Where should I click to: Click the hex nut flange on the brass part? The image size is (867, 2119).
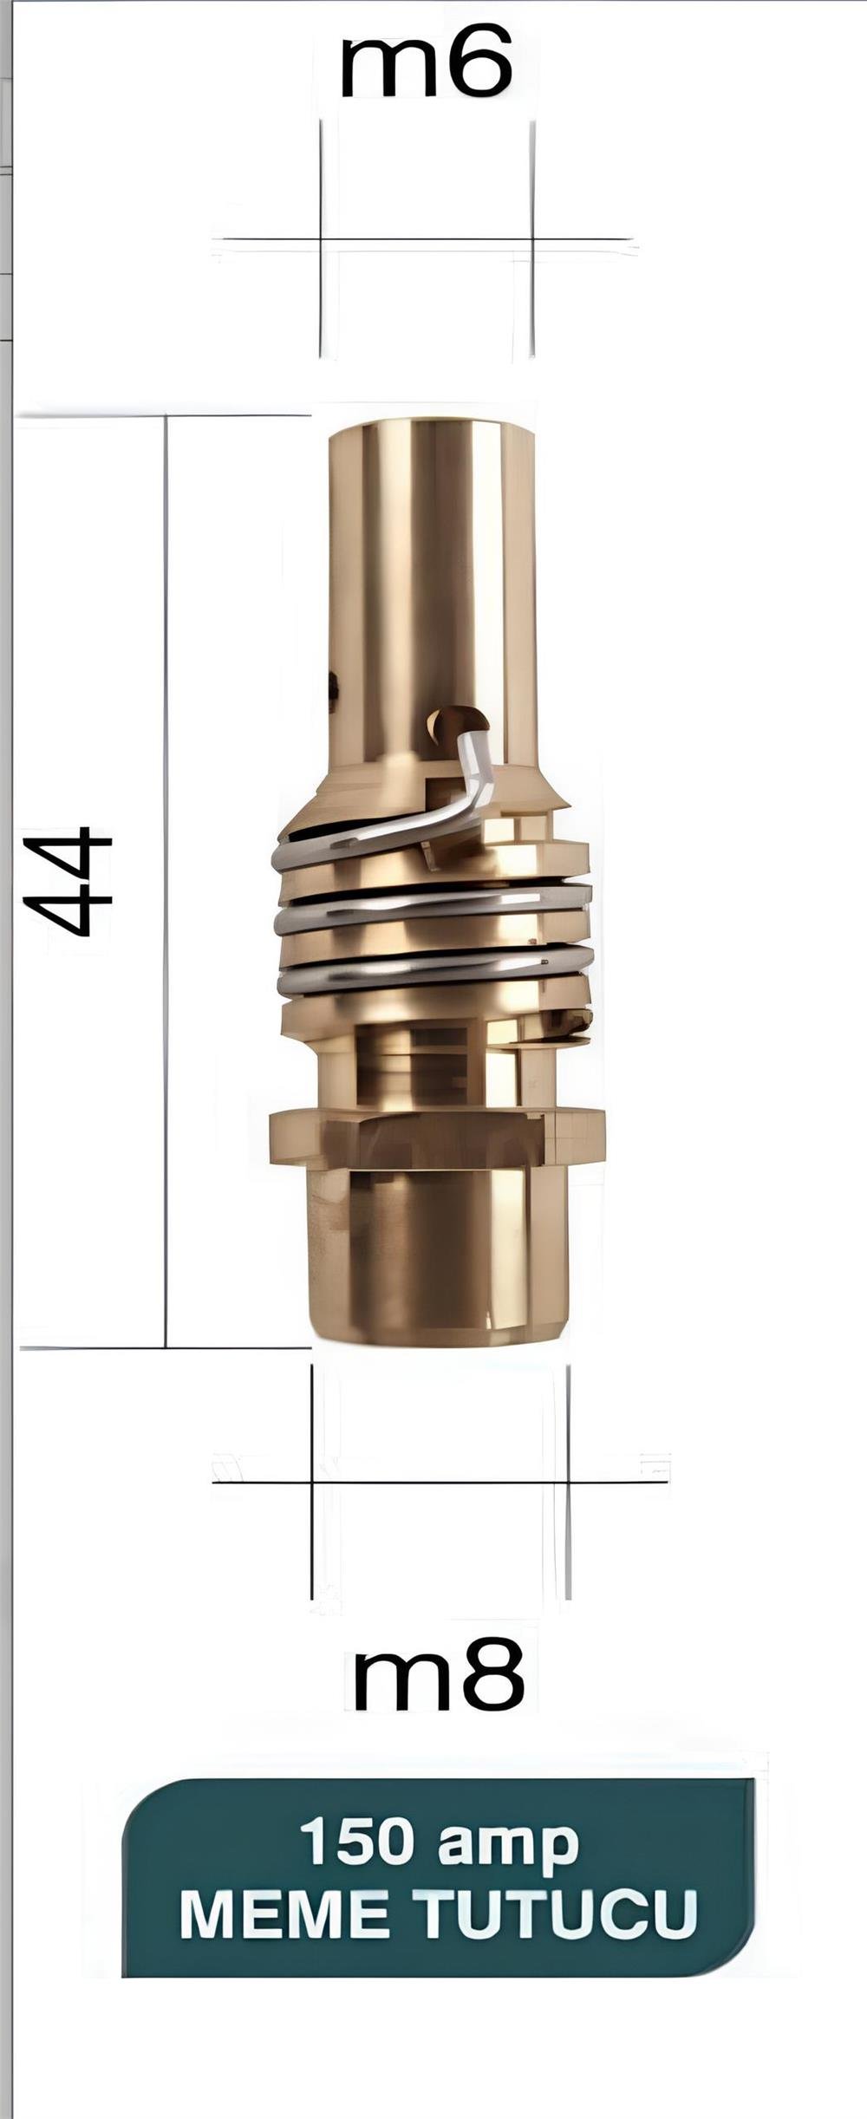pyautogui.click(x=437, y=1136)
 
